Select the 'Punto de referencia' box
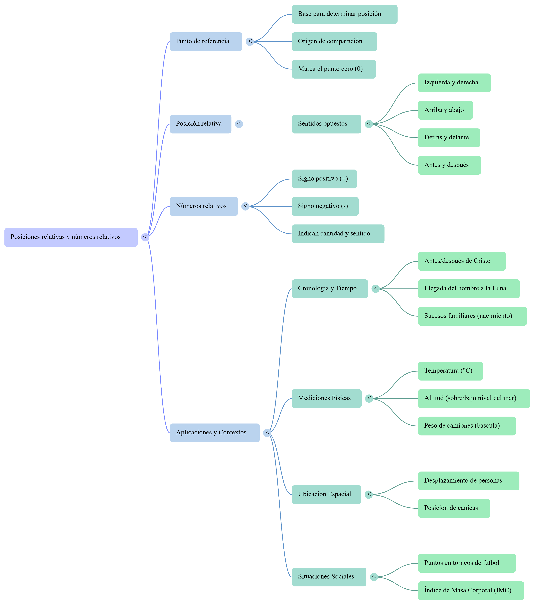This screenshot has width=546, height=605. point(206,42)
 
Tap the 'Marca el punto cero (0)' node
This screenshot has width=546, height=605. point(334,69)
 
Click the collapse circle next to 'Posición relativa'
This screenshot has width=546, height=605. point(239,124)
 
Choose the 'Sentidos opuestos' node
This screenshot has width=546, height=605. point(326,124)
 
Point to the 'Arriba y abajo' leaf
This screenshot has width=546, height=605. point(445,110)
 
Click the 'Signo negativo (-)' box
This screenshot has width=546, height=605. point(325,206)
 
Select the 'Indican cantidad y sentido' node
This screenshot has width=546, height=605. point(338,234)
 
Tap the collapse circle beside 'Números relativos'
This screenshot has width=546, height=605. point(245,206)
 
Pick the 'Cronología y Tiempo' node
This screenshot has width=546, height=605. point(330,289)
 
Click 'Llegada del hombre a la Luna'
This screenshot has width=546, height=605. point(469,289)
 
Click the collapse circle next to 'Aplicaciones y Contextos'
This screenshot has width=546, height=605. point(267,433)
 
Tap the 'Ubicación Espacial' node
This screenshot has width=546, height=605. point(326,495)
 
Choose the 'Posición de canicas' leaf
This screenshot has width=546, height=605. point(454,508)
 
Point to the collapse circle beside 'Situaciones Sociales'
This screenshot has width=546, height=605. point(374,577)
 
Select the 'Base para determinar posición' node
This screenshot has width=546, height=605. point(345,14)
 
